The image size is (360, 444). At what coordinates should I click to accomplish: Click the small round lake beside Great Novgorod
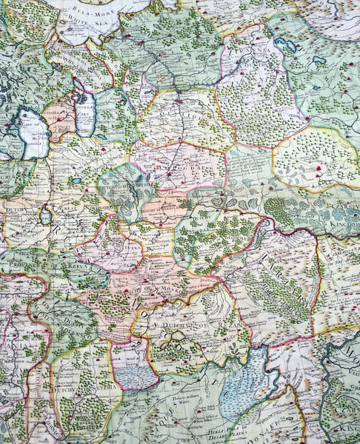point(47,217)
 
